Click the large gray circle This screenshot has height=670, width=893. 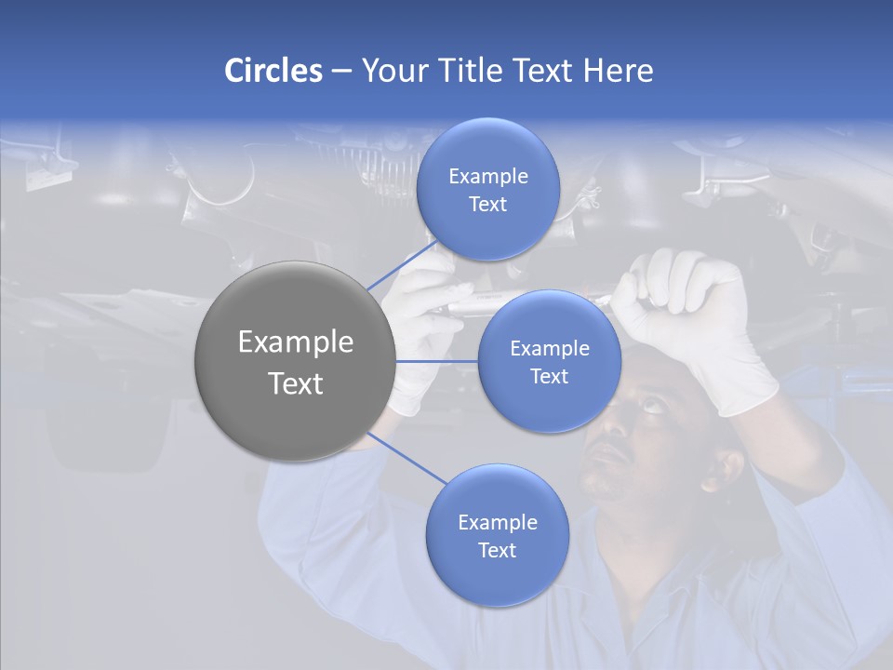(x=294, y=361)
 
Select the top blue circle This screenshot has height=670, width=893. (x=487, y=190)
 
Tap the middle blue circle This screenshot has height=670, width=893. (x=549, y=361)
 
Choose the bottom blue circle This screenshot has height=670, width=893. (x=497, y=536)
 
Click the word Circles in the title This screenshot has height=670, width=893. (x=273, y=71)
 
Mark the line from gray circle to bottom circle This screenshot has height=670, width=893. (x=407, y=458)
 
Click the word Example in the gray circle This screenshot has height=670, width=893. (x=295, y=342)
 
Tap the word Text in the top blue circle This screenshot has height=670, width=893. (x=487, y=205)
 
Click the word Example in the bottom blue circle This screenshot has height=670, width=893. (x=497, y=522)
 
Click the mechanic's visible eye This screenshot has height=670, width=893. (x=652, y=402)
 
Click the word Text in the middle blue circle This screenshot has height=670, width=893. (x=549, y=377)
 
